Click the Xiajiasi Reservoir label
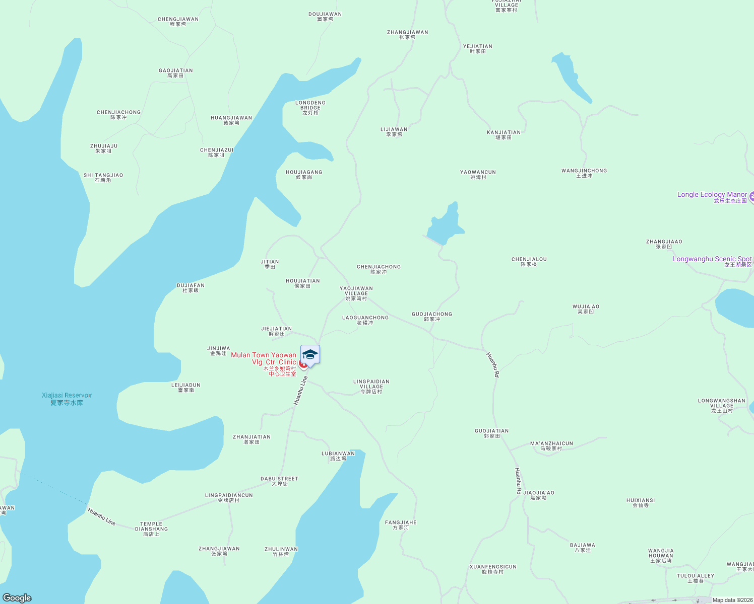pyautogui.click(x=67, y=399)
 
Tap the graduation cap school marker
pyautogui.click(x=310, y=354)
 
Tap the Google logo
pyautogui.click(x=17, y=598)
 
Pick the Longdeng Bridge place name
pyautogui.click(x=310, y=107)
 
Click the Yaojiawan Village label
pyautogui.click(x=356, y=293)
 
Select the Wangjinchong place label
pyautogui.click(x=584, y=173)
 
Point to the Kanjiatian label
pyautogui.click(x=504, y=135)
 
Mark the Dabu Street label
pyautogui.click(x=279, y=481)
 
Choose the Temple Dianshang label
pyautogui.click(x=151, y=528)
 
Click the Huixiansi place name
pyautogui.click(x=641, y=503)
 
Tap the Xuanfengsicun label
pyautogui.click(x=493, y=569)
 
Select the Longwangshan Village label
pyautogui.click(x=722, y=405)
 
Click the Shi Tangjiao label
pyautogui.click(x=103, y=178)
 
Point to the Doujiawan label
pyautogui.click(x=325, y=17)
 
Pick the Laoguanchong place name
pyautogui.click(x=365, y=320)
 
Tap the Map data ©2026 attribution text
pyautogui.click(x=732, y=600)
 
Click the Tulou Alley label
pyautogui.click(x=696, y=578)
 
